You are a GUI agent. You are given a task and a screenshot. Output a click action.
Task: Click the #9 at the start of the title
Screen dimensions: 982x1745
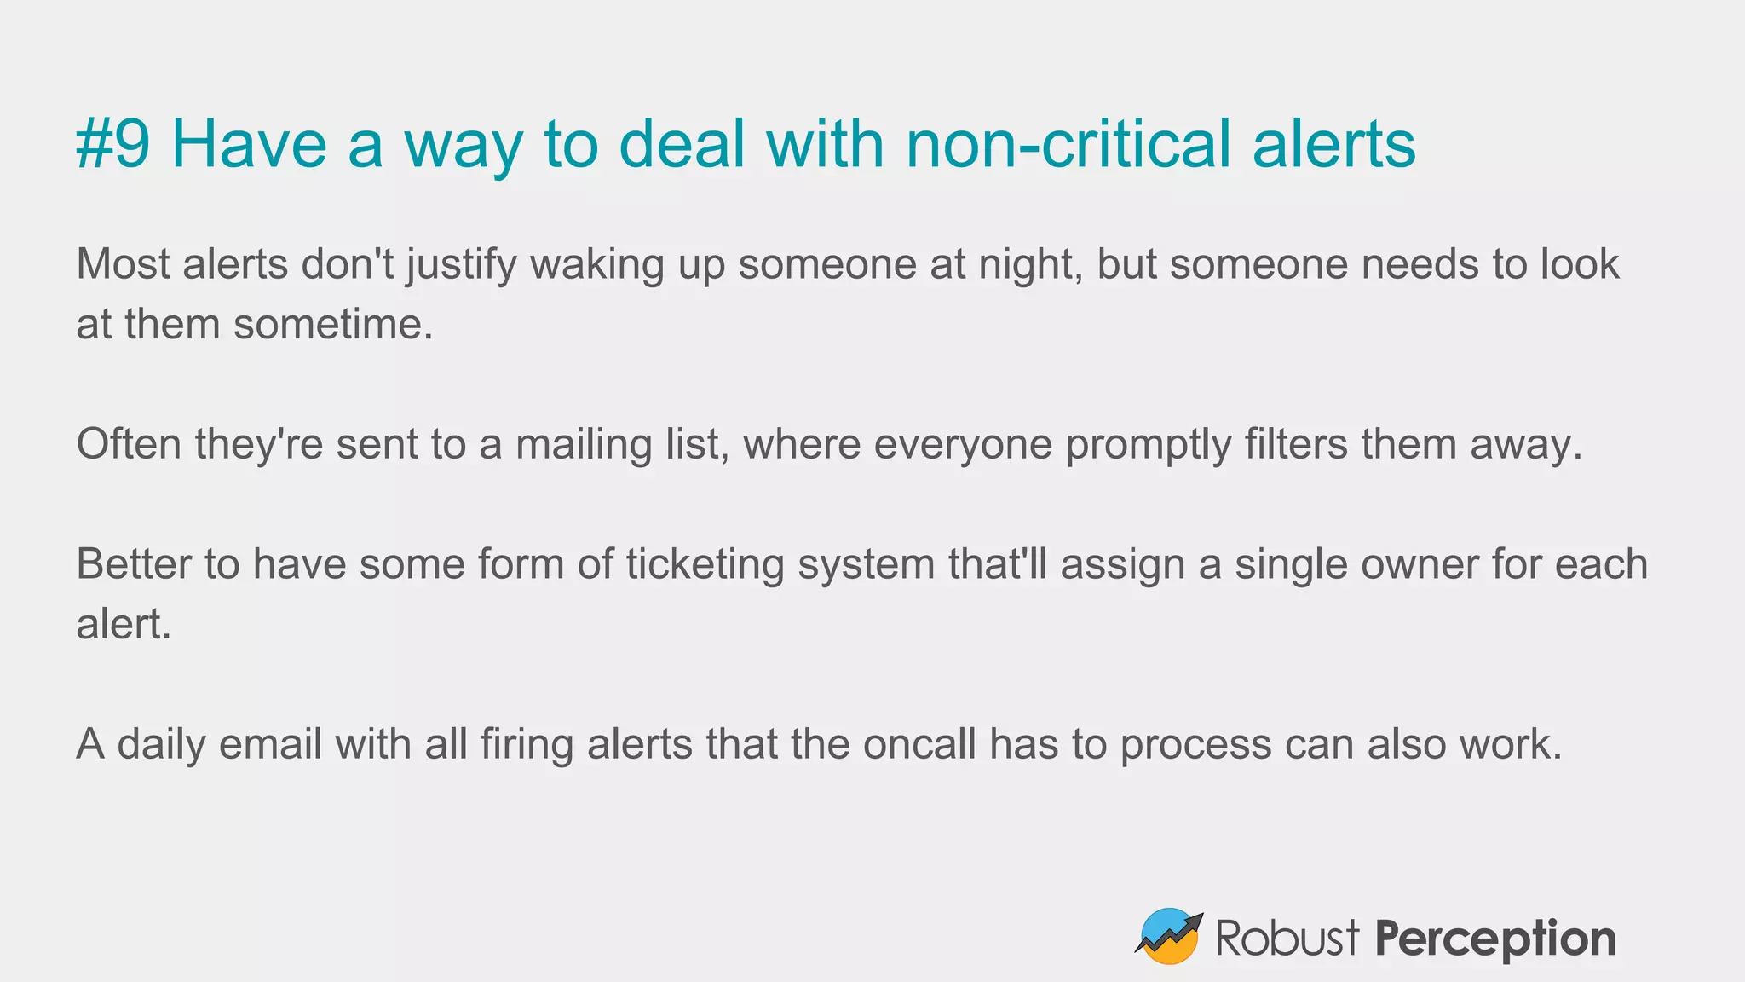[113, 143]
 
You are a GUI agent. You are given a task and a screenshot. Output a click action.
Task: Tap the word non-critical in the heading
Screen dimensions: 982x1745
[1068, 143]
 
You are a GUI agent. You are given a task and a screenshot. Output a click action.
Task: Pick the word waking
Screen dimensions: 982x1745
[596, 265]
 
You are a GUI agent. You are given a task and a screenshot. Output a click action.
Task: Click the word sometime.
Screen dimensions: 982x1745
[333, 325]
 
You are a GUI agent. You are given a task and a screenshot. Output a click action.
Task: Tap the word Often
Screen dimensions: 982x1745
[129, 445]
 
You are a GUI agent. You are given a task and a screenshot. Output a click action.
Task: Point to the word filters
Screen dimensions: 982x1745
[1296, 445]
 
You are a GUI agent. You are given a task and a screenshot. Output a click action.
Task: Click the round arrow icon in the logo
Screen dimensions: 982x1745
[1169, 937]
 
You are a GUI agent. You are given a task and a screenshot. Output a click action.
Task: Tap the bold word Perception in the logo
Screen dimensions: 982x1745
[1495, 939]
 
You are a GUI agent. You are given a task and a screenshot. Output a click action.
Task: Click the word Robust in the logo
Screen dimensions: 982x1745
[1287, 939]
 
